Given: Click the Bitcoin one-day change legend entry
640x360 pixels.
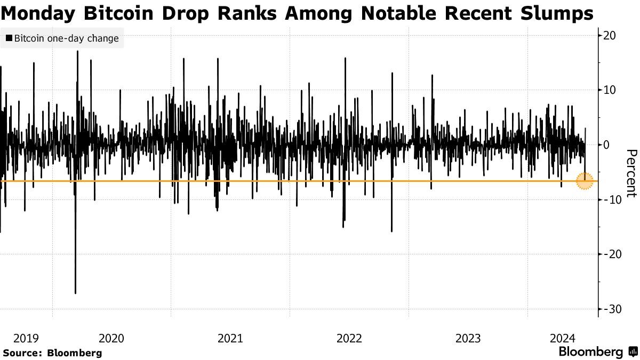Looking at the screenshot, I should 62,38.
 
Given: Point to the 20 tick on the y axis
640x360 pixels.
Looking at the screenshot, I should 610,36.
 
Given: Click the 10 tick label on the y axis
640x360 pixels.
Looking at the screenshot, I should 610,90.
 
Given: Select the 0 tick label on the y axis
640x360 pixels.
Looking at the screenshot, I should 607,145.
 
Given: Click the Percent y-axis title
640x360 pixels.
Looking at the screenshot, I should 630,173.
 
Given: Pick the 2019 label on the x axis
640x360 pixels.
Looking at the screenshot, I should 26,338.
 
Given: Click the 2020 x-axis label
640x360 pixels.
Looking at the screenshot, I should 111,338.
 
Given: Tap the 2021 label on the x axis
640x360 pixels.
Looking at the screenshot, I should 230,338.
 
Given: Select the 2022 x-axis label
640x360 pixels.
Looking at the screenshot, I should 349,338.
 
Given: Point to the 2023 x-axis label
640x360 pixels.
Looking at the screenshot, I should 468,338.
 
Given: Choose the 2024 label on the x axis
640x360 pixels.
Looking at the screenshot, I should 562,338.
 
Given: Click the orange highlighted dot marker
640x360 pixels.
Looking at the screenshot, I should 585,181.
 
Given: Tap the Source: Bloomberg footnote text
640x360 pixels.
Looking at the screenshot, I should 52,353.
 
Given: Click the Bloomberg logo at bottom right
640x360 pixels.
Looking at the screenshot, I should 597,352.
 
